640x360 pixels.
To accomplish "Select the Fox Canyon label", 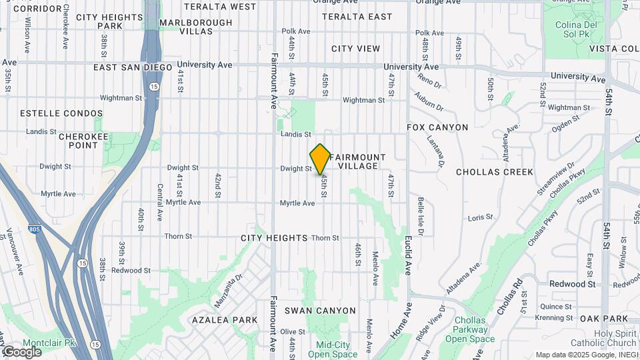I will coord(438,127).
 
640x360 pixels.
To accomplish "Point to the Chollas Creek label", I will coord(494,172).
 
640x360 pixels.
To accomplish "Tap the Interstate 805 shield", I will coord(34,229).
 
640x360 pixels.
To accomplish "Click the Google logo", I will coord(21,351).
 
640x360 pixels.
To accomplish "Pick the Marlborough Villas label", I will coord(196,27).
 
